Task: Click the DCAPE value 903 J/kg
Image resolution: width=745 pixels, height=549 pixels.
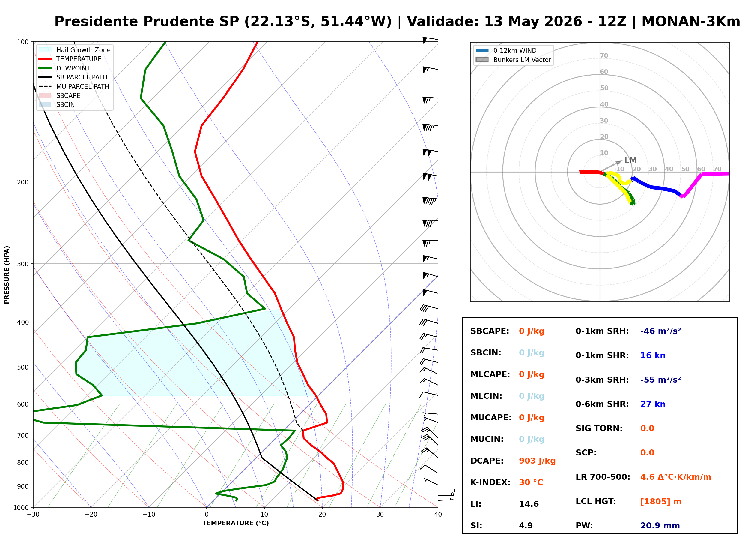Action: click(537, 461)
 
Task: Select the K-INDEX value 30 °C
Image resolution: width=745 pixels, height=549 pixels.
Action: click(531, 482)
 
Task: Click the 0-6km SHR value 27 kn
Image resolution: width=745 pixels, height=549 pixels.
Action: click(653, 404)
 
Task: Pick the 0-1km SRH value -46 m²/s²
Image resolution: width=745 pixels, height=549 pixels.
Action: click(660, 331)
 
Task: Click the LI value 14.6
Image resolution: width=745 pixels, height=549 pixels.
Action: click(529, 504)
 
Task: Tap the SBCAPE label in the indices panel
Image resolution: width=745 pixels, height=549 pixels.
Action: click(490, 331)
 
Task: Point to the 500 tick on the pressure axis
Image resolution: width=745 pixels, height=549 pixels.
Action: click(23, 367)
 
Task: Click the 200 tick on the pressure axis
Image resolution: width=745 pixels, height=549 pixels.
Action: click(23, 182)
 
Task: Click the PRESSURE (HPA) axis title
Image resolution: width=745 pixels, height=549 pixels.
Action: click(7, 275)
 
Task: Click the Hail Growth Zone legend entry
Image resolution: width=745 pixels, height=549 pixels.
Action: click(74, 50)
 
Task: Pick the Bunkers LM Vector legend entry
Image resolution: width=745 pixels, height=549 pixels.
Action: click(513, 60)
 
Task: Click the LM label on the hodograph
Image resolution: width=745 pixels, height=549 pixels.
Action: click(630, 160)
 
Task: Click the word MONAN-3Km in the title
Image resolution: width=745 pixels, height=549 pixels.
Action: click(691, 22)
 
